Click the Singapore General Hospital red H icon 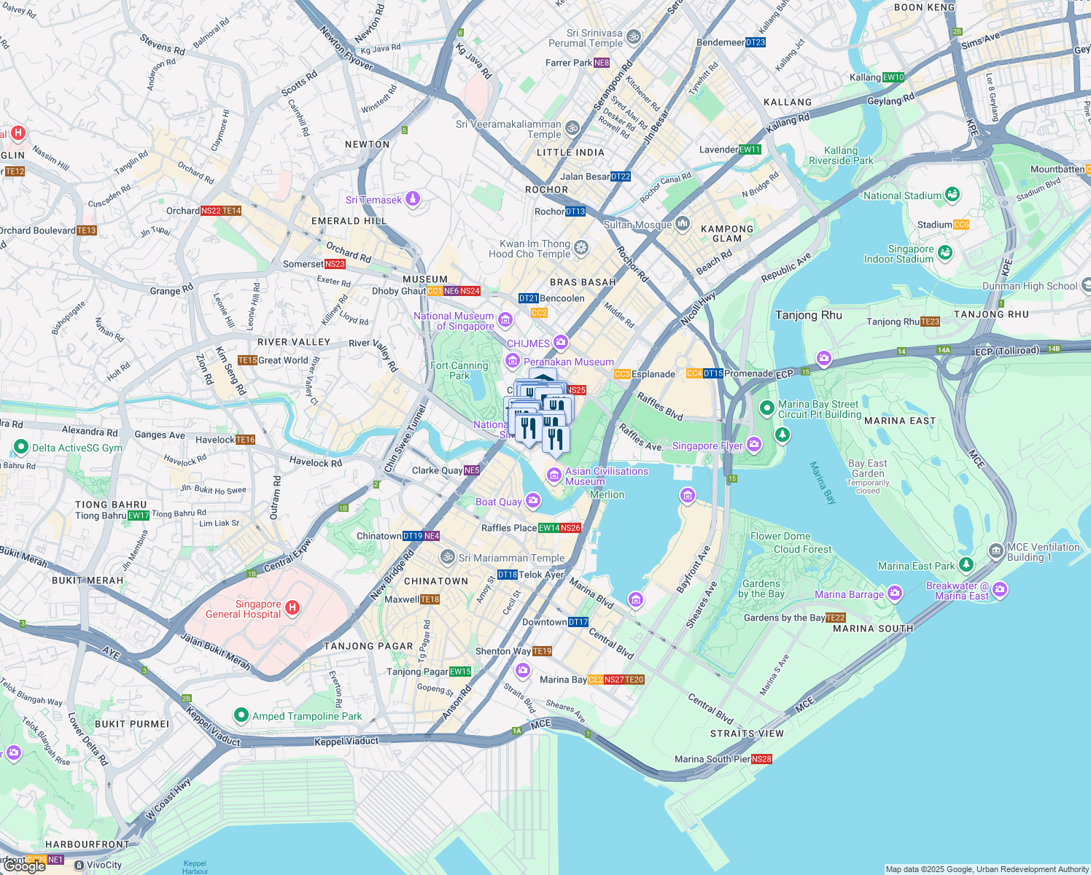point(292,607)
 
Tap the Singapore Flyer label point(707,446)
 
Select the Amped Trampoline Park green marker point(241,715)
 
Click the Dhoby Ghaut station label point(398,291)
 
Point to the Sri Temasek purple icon point(413,199)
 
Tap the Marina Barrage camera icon point(895,594)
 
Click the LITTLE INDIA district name point(570,152)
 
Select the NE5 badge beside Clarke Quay point(472,470)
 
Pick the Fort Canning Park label point(459,370)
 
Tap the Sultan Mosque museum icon point(683,223)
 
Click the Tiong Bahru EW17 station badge point(139,516)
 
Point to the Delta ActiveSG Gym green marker point(21,447)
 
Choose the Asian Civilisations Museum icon point(554,476)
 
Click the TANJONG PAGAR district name point(368,646)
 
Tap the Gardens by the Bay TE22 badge point(836,618)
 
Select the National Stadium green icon point(952,195)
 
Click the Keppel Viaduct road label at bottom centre point(346,742)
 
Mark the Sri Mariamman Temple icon point(448,557)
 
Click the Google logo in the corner point(23,866)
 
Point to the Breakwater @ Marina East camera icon point(1000,589)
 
